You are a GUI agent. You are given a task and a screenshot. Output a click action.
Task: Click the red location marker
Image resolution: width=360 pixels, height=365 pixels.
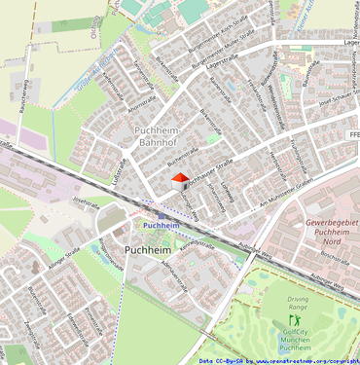point(179,176)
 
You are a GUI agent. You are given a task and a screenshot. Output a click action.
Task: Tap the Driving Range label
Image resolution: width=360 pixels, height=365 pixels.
point(299,302)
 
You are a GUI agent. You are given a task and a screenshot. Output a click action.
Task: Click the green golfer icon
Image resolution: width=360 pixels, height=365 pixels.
point(299,318)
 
